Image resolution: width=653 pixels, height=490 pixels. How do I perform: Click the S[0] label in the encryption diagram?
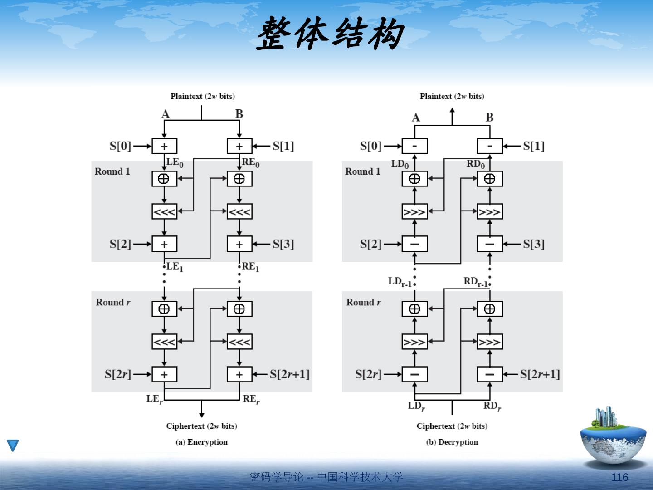click(x=120, y=146)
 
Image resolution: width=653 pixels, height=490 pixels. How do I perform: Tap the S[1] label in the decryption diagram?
click(x=534, y=146)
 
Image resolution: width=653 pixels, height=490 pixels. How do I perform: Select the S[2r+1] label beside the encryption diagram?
click(x=290, y=374)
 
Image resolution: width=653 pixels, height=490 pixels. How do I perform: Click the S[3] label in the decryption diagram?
click(x=534, y=244)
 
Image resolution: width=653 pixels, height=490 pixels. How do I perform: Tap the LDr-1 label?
click(x=400, y=282)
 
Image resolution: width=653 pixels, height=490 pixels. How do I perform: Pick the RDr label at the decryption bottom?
click(x=492, y=406)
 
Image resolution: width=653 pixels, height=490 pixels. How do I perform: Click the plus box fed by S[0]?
click(x=164, y=146)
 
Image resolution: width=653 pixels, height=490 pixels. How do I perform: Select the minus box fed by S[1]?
click(x=490, y=146)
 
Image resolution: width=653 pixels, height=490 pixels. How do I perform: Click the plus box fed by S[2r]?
click(x=164, y=374)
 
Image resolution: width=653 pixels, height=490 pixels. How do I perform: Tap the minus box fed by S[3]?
click(x=490, y=244)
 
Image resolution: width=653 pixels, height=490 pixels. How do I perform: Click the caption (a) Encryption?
click(x=202, y=442)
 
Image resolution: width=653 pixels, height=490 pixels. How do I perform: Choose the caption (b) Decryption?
click(x=452, y=442)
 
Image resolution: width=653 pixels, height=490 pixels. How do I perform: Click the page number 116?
click(x=620, y=477)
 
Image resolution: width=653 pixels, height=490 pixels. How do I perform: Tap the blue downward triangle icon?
click(x=13, y=445)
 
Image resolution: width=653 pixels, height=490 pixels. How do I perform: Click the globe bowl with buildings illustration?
click(x=613, y=436)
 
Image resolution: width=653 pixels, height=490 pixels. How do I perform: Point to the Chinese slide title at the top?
click(x=330, y=34)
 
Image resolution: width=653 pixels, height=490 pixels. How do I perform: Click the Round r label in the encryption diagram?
click(x=113, y=302)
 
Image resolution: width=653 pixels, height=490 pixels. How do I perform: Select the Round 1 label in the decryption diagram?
click(x=363, y=171)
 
